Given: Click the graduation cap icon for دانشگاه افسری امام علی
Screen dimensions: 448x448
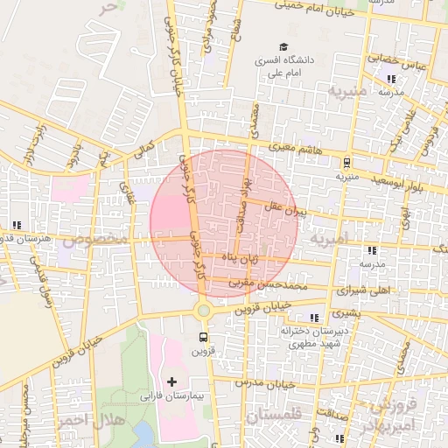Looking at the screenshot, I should coord(283,47).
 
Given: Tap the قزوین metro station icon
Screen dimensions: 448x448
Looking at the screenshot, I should coord(204,336).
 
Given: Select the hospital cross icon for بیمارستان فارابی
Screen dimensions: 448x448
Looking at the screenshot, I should coord(171,381).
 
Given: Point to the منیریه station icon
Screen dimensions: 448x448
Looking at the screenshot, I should coord(346,162).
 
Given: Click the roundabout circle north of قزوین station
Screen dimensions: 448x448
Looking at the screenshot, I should coord(204,310).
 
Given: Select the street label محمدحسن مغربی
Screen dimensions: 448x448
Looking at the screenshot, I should coord(264,284).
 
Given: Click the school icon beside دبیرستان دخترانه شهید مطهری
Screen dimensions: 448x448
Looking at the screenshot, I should coord(314,318).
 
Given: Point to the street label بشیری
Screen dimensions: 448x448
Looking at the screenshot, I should coord(348,312).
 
